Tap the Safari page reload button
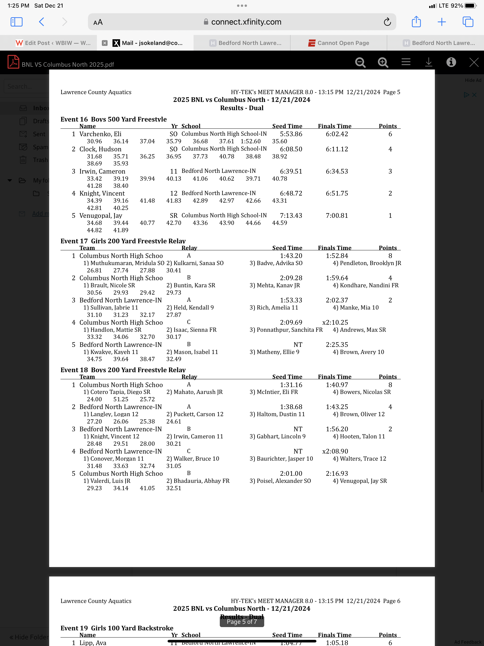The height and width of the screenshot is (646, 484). (387, 22)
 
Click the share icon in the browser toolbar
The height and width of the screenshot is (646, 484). (416, 22)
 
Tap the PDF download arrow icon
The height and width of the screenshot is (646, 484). (428, 62)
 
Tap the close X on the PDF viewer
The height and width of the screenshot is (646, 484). (474, 62)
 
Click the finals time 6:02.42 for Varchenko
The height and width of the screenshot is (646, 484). (337, 134)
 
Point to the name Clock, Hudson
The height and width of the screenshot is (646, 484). (100, 149)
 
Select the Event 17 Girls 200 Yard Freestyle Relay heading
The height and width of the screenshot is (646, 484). (123, 241)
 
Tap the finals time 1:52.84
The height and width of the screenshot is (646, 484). (337, 256)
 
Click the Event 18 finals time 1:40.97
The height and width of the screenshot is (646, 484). (337, 385)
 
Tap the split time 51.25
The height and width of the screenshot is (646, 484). (121, 399)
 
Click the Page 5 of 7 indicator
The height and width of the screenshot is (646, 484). (242, 622)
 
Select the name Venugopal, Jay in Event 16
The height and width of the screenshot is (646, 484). (101, 215)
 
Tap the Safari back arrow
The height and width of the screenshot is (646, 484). (41, 22)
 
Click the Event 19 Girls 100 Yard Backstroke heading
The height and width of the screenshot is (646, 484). (117, 628)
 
